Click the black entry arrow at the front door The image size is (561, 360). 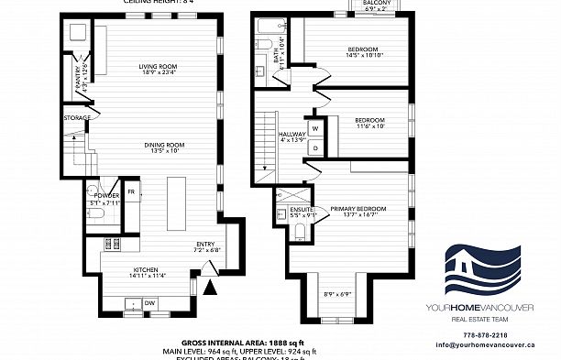[212, 288]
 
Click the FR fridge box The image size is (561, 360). [131, 191]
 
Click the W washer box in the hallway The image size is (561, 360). [313, 127]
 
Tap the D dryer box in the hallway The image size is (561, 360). [313, 147]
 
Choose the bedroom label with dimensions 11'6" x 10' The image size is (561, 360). [369, 123]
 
